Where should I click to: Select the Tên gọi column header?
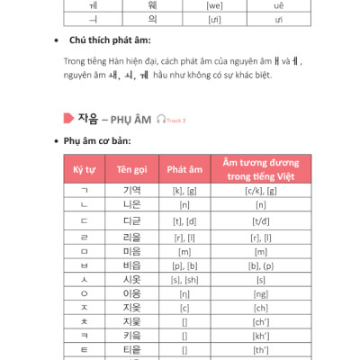(x=131, y=168)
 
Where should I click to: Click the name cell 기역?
(x=131, y=191)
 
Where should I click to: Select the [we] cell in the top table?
(x=191, y=5)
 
